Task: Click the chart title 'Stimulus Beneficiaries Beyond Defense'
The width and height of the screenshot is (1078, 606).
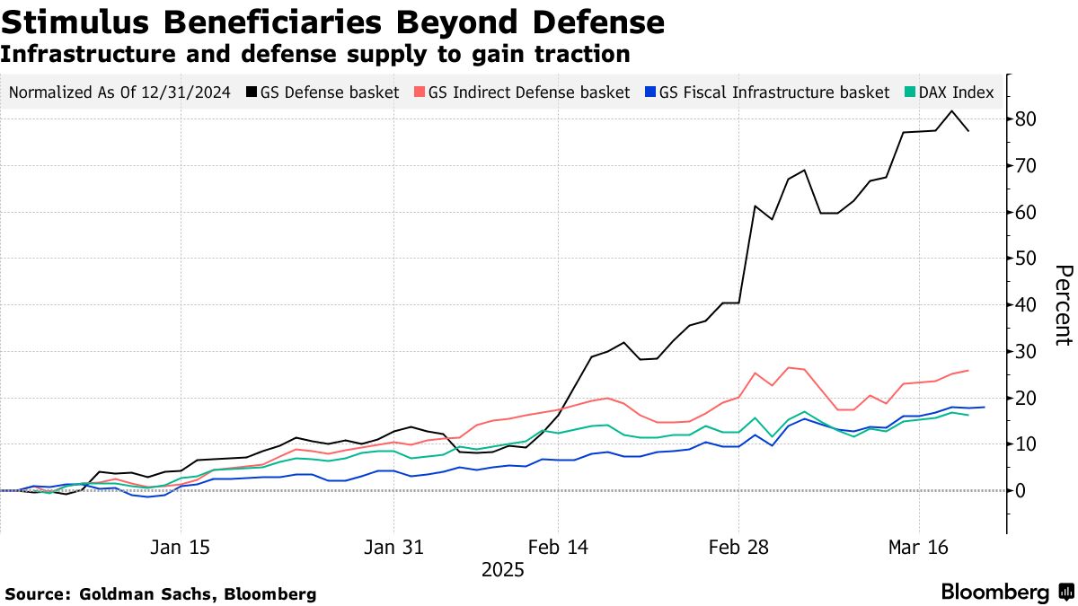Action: tap(332, 22)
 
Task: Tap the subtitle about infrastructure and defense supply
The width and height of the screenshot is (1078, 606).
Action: tap(314, 54)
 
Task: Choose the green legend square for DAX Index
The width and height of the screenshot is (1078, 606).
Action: tap(909, 92)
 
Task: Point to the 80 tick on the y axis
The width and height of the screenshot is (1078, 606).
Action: tap(1027, 119)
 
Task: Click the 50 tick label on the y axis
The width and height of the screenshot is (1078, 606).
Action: tap(1027, 259)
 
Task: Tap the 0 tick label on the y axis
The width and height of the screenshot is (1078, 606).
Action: tap(1021, 490)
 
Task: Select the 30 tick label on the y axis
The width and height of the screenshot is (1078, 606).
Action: tap(1027, 351)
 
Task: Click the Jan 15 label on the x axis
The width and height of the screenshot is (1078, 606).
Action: tap(181, 548)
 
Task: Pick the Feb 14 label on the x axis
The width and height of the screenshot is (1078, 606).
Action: tap(558, 548)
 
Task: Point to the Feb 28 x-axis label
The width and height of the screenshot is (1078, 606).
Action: tap(738, 548)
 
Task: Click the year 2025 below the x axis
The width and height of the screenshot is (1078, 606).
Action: tap(503, 570)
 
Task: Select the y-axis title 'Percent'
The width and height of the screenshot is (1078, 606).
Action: tap(1063, 305)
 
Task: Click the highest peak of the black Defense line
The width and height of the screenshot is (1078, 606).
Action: tap(952, 111)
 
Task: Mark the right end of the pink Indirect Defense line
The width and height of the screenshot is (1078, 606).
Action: tap(968, 370)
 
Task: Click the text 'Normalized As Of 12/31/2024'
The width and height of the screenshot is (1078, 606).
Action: tap(120, 92)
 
